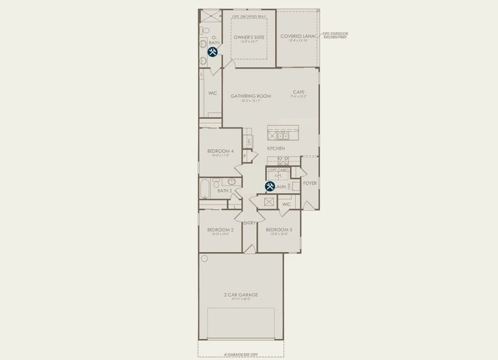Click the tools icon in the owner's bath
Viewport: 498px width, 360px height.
point(212,52)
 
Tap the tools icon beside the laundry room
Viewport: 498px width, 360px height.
point(270,187)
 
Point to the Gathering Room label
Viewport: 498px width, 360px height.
point(251,96)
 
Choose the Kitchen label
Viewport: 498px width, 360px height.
point(276,148)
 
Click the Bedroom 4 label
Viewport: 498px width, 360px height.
point(220,151)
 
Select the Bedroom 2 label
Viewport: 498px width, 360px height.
point(220,230)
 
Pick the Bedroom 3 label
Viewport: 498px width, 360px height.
point(279,230)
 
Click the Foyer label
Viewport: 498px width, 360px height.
point(310,183)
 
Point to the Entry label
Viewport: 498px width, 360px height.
point(250,223)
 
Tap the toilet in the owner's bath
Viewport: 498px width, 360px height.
point(205,29)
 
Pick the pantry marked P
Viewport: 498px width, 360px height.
point(245,157)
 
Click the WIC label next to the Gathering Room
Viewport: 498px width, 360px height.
point(212,94)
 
